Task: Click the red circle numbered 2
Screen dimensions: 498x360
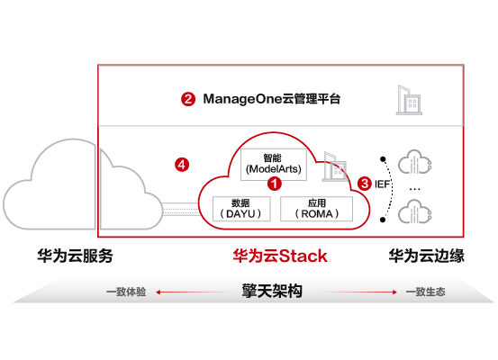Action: [x=188, y=99]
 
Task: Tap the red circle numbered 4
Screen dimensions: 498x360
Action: [x=182, y=165]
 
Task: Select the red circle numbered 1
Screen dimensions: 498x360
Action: [x=275, y=184]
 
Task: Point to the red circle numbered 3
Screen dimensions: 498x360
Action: [x=365, y=184]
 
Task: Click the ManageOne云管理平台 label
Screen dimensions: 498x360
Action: [x=272, y=99]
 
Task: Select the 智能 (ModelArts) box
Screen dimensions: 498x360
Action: [x=274, y=165]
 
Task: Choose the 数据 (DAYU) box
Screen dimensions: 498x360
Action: [x=241, y=209]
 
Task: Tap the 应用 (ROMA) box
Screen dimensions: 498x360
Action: [x=316, y=209]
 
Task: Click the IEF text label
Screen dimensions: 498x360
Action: [x=382, y=184]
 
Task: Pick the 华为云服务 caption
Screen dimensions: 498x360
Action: [x=75, y=256]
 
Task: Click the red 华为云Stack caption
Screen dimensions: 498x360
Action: [x=280, y=256]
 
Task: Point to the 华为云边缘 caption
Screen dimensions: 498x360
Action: [x=427, y=256]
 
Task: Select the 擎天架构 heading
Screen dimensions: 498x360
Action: [x=272, y=291]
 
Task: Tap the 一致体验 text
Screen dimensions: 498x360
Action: [x=126, y=292]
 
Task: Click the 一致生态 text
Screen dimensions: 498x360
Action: [x=426, y=292]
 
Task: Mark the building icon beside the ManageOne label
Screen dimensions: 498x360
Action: [x=409, y=100]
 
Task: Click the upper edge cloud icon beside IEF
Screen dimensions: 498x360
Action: [x=415, y=162]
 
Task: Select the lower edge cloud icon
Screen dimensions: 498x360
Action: [x=415, y=211]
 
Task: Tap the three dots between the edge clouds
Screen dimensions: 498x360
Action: [x=415, y=189]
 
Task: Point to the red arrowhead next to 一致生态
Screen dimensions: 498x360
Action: [x=394, y=292]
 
